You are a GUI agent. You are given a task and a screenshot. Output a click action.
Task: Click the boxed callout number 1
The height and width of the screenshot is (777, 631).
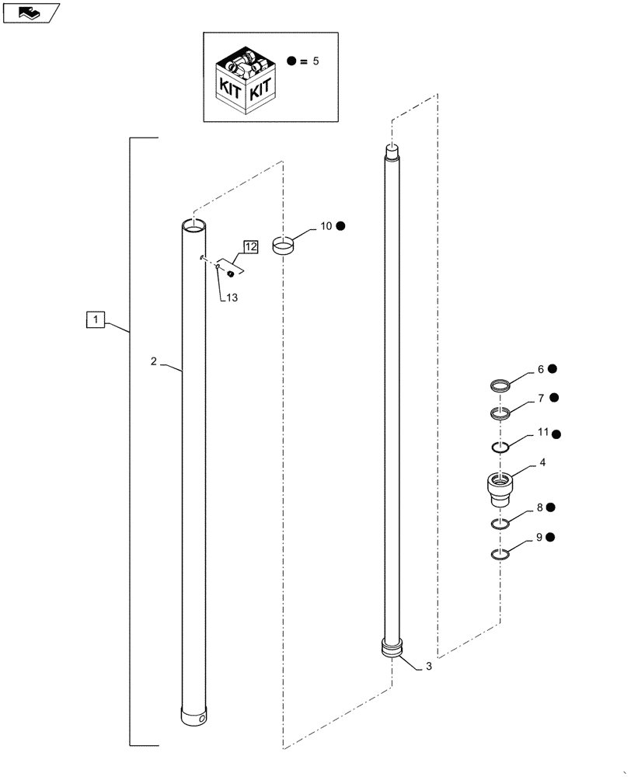(x=95, y=319)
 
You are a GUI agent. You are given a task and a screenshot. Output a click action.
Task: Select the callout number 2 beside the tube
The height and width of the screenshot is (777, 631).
(x=154, y=361)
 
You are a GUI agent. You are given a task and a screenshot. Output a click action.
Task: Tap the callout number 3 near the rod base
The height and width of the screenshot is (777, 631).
(x=428, y=667)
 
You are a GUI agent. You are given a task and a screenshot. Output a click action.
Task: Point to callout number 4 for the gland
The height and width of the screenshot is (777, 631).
(x=542, y=462)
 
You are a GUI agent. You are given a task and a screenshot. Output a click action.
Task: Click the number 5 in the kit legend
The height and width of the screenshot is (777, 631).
(x=315, y=61)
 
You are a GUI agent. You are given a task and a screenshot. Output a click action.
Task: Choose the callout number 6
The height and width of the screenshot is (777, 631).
(x=541, y=370)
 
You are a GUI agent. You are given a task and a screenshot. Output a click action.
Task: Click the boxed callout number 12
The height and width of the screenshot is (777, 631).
(x=251, y=246)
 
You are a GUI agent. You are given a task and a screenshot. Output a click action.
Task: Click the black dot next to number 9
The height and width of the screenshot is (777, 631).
(x=550, y=538)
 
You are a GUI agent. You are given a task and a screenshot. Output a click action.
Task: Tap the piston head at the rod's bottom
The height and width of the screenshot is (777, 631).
(x=393, y=649)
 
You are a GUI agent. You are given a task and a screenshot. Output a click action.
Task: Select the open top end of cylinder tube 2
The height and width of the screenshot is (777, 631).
(x=193, y=225)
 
